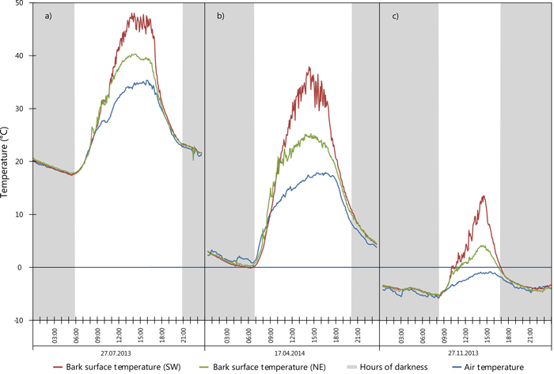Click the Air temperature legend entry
(x=492, y=366)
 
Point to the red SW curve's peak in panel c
(x=483, y=196)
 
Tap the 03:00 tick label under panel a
(x=55, y=335)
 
